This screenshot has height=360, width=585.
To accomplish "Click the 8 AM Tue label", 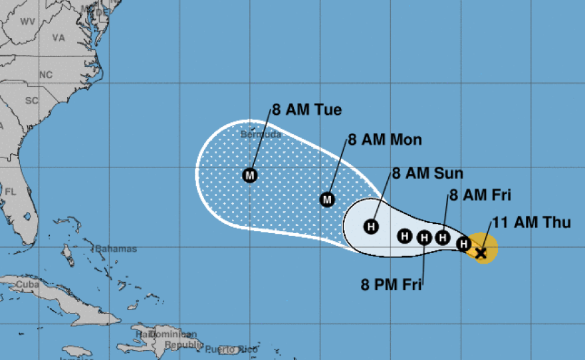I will [306, 110].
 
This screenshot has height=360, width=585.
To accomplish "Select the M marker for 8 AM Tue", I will [249, 175].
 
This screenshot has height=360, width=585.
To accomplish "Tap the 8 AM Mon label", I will [385, 140].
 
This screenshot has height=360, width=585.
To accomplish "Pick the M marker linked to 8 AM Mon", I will [327, 199].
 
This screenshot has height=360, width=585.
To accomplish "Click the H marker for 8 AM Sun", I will [372, 226].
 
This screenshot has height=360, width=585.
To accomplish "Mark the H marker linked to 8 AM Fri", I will [442, 236].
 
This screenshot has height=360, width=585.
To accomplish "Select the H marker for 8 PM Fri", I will [424, 236].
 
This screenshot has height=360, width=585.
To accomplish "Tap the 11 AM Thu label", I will [531, 223].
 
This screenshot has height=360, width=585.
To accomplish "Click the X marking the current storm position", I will [481, 252].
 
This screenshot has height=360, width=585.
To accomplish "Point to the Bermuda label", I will [257, 134].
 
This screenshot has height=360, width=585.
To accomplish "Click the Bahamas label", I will [116, 249].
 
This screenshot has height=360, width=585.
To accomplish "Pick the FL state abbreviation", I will [11, 191].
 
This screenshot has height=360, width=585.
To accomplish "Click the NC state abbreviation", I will [45, 74].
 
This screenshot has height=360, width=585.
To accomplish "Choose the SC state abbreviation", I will [32, 101].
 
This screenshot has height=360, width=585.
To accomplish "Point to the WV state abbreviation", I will [28, 21].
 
